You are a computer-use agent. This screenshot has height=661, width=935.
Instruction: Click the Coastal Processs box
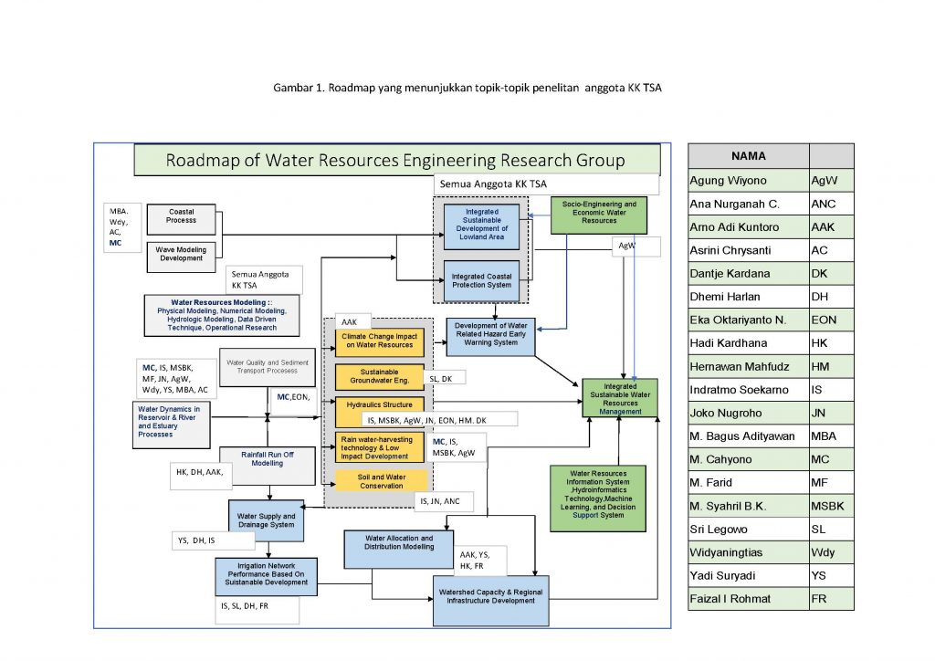tap(181, 217)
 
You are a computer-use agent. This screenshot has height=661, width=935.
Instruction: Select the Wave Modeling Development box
tap(181, 255)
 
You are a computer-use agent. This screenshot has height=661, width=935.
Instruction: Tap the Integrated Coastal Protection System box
tap(480, 280)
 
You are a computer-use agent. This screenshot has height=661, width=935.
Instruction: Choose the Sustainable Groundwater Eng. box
tap(379, 377)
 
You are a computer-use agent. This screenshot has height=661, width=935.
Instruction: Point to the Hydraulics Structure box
tap(379, 404)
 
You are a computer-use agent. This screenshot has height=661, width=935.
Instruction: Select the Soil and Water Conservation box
tap(379, 481)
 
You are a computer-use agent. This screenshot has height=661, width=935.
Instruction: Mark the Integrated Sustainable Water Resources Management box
tap(619, 398)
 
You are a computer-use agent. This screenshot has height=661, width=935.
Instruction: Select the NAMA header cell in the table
tap(748, 155)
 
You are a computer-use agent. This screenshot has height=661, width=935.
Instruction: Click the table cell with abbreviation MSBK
tap(830, 505)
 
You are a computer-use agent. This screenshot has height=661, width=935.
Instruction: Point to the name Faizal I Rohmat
tap(730, 598)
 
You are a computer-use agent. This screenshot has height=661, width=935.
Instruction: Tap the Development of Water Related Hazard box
tap(491, 335)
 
